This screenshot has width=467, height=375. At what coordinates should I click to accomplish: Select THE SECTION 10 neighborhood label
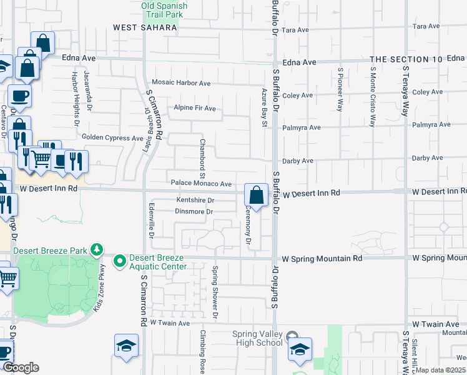[406, 59]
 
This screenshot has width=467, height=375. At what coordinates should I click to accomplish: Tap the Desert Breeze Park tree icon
[96, 250]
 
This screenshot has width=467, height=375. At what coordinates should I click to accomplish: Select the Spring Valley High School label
[257, 338]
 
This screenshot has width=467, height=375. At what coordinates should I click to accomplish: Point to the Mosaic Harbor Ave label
[182, 83]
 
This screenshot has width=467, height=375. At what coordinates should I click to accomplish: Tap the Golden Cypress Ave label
[112, 137]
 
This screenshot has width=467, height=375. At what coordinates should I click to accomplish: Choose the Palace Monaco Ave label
[202, 184]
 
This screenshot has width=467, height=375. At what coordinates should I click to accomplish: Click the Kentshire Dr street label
[195, 201]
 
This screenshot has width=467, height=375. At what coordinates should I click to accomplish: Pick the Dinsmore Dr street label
[194, 212]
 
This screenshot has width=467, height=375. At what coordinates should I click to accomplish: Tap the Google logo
[20, 367]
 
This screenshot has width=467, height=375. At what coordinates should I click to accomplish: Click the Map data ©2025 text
[441, 370]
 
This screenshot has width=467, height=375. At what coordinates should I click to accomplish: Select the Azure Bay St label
[264, 108]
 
